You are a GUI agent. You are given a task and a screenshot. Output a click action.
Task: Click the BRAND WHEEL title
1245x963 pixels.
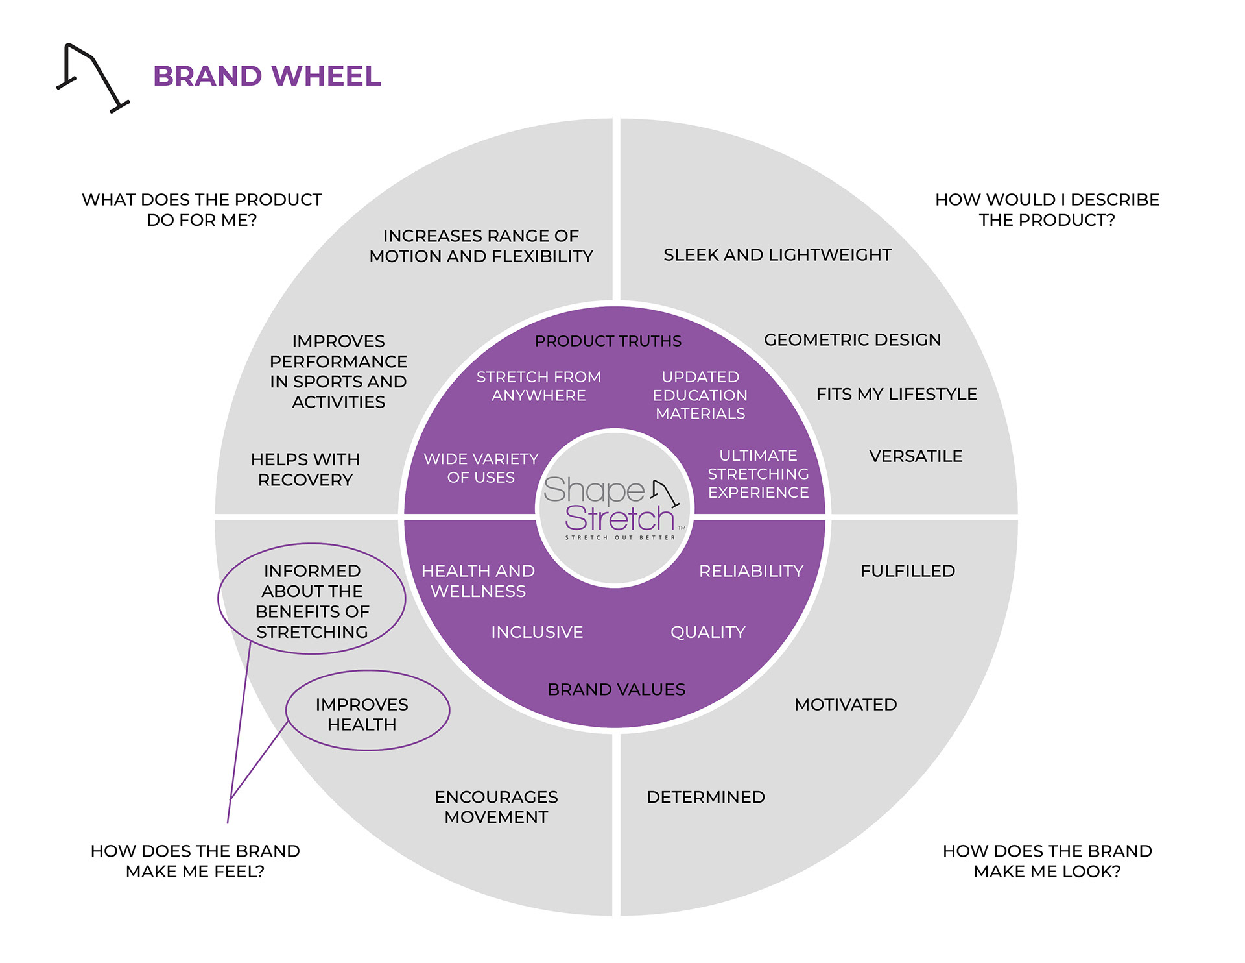(267, 76)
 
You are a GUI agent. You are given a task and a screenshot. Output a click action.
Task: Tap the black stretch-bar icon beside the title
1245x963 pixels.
(92, 77)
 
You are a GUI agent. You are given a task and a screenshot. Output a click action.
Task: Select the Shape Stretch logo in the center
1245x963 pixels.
(614, 507)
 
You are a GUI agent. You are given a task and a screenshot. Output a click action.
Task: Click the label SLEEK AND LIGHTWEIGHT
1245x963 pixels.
(777, 254)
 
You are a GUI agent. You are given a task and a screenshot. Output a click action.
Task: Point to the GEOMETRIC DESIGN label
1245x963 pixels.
(852, 339)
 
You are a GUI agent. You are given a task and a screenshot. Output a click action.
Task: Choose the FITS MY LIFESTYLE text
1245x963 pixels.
(896, 394)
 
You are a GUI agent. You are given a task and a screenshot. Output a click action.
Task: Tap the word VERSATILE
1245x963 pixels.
(916, 456)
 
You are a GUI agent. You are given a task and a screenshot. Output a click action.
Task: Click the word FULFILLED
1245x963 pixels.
(907, 571)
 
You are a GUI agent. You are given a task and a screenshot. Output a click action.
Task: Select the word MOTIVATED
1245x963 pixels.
(846, 704)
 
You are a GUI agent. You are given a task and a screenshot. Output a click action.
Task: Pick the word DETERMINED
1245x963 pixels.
(705, 797)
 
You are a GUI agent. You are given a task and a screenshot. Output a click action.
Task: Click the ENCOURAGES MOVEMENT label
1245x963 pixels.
(496, 807)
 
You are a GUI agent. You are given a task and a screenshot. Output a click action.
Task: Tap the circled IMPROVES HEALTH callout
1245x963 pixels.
(362, 714)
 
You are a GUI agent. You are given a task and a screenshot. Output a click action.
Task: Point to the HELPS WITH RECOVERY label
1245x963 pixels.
(305, 469)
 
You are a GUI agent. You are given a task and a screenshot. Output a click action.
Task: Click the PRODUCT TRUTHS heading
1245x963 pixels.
(608, 341)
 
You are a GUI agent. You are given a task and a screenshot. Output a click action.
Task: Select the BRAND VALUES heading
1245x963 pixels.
(616, 689)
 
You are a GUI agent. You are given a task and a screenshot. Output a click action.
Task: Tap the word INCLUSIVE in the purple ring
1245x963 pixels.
(537, 632)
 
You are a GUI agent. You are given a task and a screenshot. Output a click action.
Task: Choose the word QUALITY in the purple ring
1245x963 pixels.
(707, 632)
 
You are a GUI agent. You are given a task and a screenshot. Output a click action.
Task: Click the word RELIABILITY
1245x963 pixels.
(751, 571)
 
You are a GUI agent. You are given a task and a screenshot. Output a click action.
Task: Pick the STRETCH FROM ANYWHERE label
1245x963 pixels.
(538, 386)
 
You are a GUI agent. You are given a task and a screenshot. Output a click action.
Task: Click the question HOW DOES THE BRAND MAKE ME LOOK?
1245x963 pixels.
(1047, 860)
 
